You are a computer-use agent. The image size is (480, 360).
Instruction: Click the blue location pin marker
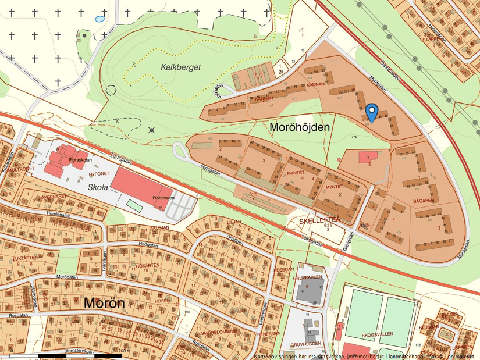coord(372,111)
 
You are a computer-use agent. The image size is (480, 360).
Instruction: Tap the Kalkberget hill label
coord(180,67)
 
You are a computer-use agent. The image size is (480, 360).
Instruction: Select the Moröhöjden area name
coord(300,126)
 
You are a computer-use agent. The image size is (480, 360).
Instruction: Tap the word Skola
coord(98,188)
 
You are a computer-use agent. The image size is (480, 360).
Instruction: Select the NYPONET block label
coord(98,173)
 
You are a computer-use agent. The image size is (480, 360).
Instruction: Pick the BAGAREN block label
coord(424,201)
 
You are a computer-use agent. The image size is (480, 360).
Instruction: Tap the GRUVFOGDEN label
coord(305,344)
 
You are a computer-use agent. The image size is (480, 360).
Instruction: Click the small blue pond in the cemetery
coord(99,19)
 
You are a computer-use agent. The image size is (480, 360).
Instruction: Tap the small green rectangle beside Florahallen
coord(134,205)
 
